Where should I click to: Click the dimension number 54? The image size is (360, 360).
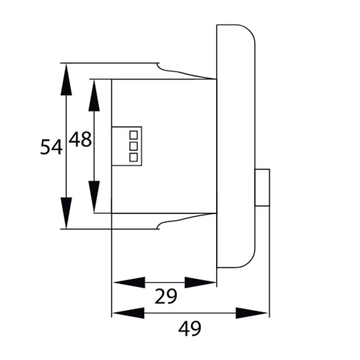pos(51,147)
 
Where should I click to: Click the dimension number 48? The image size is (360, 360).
pos(80,139)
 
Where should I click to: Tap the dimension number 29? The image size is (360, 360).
pos(166,297)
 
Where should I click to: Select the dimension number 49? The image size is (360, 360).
pos(189,329)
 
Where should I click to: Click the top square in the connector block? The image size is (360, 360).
pos(133,135)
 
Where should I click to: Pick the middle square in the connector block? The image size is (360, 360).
pos(133,146)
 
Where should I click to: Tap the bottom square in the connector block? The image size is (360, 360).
pos(133,157)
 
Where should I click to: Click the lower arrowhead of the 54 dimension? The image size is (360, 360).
pos(66,213)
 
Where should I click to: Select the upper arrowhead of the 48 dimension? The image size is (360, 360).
pos(94,95)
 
